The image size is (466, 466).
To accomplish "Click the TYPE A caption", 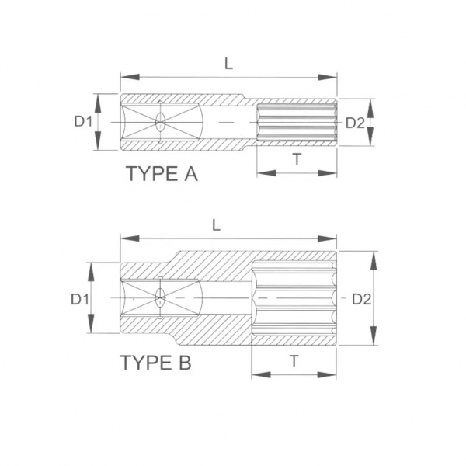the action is click(x=162, y=174).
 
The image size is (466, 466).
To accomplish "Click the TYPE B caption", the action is click(x=156, y=362).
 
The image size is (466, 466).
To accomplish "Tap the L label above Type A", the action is click(x=228, y=64).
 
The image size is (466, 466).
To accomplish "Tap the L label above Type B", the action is click(x=217, y=225).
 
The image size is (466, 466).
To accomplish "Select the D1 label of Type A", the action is click(x=83, y=122).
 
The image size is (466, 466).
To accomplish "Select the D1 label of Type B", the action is click(x=80, y=299).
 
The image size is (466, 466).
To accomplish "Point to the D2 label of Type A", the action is click(x=355, y=123).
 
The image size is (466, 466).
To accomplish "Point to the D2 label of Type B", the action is click(x=362, y=300).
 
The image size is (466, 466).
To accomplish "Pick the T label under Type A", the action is click(x=297, y=159).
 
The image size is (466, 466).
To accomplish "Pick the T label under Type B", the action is click(x=294, y=361).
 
